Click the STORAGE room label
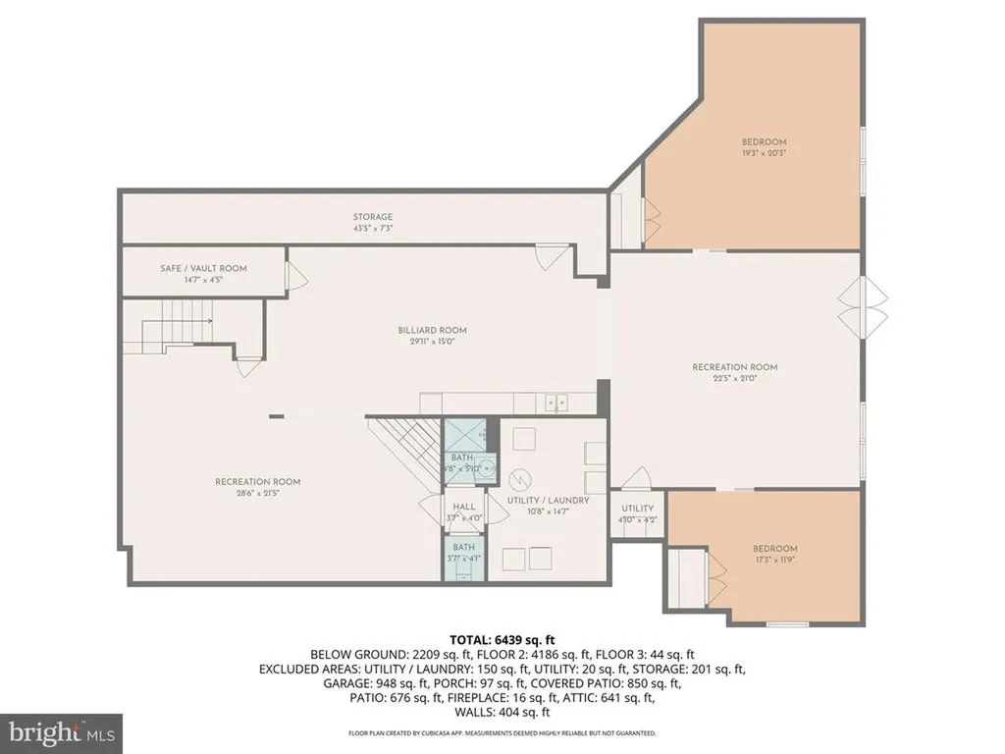(373, 217)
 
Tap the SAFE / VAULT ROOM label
(203, 268)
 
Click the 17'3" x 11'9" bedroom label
(775, 549)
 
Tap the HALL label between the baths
(464, 507)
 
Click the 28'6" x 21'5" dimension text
(257, 493)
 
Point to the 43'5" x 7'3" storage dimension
(373, 228)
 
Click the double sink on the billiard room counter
(556, 402)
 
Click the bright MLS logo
(61, 732)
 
